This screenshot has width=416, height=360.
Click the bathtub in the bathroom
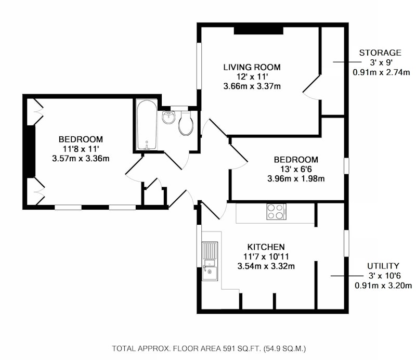tap(147, 125)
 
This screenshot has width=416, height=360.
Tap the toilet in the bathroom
tap(185, 123)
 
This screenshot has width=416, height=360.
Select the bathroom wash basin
tap(168, 118)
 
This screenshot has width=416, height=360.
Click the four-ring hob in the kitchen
tap(277, 212)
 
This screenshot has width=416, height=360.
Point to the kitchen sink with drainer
tap(210, 261)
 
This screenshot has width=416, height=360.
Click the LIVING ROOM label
tap(252, 67)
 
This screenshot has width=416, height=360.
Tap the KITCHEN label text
tap(266, 247)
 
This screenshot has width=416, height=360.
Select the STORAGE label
tap(380, 53)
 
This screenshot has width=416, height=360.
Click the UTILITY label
tap(383, 266)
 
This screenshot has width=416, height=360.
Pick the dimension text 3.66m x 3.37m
tap(252, 86)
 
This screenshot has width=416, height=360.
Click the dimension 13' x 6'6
tap(296, 169)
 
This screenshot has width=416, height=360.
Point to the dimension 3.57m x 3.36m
tap(81, 159)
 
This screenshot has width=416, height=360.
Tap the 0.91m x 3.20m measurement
tap(383, 286)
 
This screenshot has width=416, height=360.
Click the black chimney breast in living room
tap(258, 31)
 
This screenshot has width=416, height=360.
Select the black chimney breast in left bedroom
tap(31, 151)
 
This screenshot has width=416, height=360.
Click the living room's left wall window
tap(199, 66)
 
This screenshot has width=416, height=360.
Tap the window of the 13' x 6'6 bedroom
tap(346, 166)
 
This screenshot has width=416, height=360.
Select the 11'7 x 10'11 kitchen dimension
tap(266, 256)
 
